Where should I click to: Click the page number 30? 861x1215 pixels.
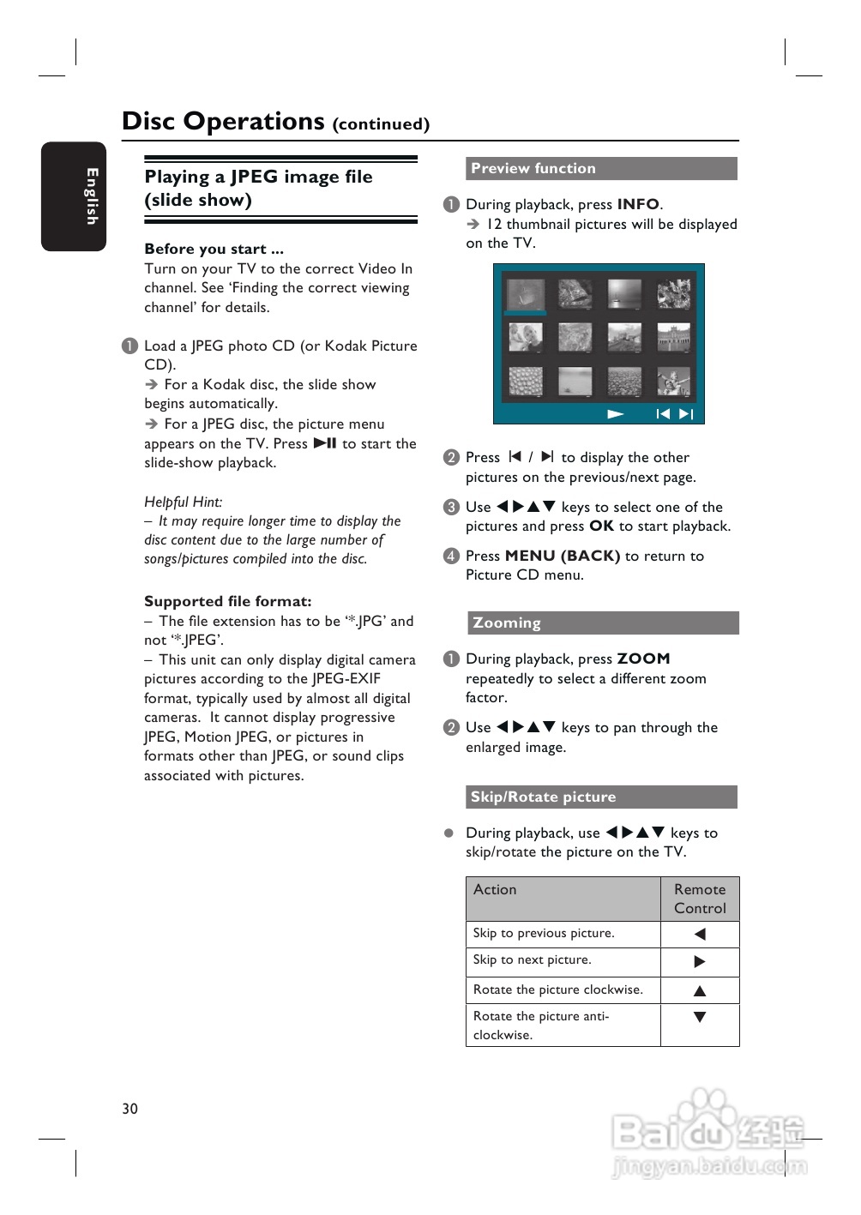pyautogui.click(x=129, y=1108)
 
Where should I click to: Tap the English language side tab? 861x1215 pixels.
pyautogui.click(x=74, y=196)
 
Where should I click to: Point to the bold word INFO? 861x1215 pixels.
pyautogui.click(x=638, y=204)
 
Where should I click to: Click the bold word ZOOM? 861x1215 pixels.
pyautogui.click(x=643, y=659)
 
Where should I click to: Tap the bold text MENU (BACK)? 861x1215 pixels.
pyautogui.click(x=563, y=556)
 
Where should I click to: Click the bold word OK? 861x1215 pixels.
pyautogui.click(x=601, y=526)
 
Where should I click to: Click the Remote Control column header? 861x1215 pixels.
pyautogui.click(x=700, y=899)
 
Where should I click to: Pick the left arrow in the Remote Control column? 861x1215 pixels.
pyautogui.click(x=700, y=934)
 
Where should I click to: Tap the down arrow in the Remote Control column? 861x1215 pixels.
pyautogui.click(x=700, y=1017)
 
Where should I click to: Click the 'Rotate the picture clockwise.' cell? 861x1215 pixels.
pyautogui.click(x=558, y=989)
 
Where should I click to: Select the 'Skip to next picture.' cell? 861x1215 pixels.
pyautogui.click(x=533, y=959)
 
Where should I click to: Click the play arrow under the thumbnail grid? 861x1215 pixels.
pyautogui.click(x=615, y=414)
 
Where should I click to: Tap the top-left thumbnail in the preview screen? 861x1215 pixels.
pyautogui.click(x=525, y=296)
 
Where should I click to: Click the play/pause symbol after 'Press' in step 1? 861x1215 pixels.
pyautogui.click(x=325, y=443)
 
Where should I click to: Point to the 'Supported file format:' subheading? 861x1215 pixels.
pyautogui.click(x=228, y=601)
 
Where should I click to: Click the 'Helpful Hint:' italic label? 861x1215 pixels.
pyautogui.click(x=184, y=502)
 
